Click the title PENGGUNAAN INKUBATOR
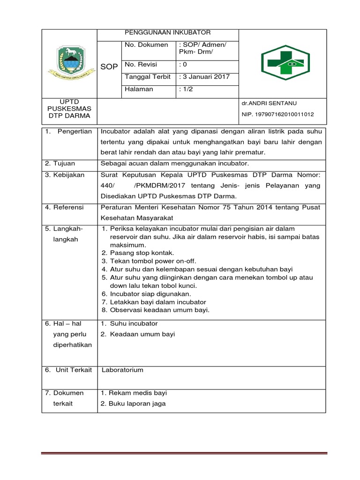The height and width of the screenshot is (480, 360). pos(167,32)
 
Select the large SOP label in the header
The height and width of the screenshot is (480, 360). pos(109,67)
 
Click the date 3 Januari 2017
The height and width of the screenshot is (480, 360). pos(204,77)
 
